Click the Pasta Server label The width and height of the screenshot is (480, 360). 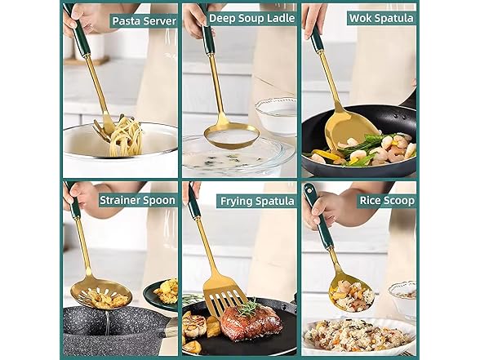click(143, 20)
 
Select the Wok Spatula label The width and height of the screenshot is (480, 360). click(381, 18)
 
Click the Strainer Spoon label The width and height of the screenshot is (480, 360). click(136, 200)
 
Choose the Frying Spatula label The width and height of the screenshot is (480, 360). click(257, 200)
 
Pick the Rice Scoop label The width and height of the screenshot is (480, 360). click(387, 200)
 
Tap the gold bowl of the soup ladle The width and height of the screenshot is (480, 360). click(231, 135)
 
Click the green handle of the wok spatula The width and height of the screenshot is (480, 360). click(316, 38)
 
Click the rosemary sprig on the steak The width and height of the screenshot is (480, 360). click(248, 308)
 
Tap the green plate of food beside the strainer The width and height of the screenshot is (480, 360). click(161, 293)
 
